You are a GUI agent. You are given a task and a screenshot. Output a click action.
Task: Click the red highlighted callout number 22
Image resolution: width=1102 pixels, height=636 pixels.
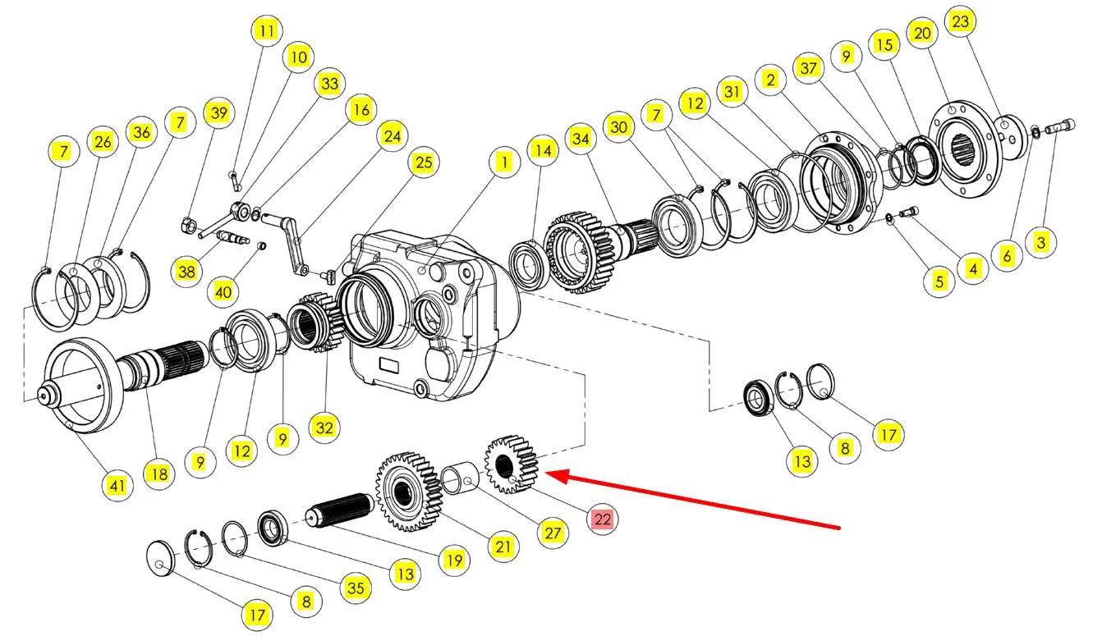pyautogui.click(x=602, y=519)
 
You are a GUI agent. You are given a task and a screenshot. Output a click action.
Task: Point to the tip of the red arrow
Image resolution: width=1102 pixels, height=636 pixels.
pyautogui.click(x=547, y=474)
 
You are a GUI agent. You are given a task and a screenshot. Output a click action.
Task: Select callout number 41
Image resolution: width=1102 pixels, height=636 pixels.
pyautogui.click(x=117, y=486)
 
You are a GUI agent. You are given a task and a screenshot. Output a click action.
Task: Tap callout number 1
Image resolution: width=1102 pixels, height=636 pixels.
pyautogui.click(x=503, y=162)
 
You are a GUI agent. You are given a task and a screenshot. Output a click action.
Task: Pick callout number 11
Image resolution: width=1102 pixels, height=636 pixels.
pyautogui.click(x=265, y=31)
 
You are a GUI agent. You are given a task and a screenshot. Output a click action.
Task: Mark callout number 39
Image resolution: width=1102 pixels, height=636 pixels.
pyautogui.click(x=218, y=113)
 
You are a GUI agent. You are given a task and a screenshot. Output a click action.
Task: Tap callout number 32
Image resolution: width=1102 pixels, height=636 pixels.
pyautogui.click(x=325, y=428)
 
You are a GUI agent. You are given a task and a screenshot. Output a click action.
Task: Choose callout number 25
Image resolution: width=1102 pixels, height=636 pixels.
pyautogui.click(x=423, y=162)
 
